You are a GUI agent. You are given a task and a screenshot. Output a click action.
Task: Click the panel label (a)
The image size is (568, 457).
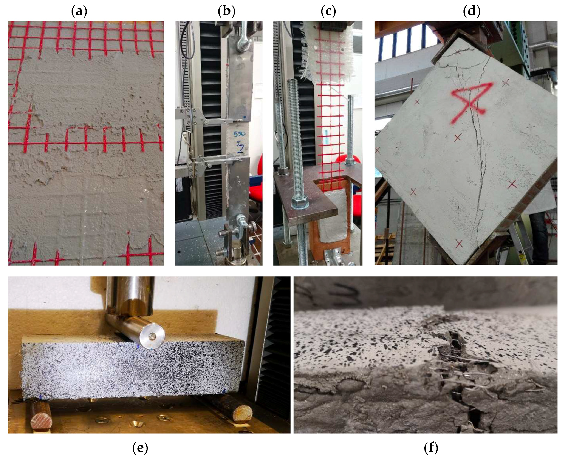click(79, 12)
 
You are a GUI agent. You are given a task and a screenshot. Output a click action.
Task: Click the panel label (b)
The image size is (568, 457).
click(226, 12)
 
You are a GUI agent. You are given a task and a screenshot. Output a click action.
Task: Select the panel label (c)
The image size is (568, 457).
click(328, 12)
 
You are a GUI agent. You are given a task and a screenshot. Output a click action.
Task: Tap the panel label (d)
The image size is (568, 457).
click(472, 12)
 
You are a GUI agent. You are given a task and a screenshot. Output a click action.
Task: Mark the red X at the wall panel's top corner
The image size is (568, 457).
click(458, 52)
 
